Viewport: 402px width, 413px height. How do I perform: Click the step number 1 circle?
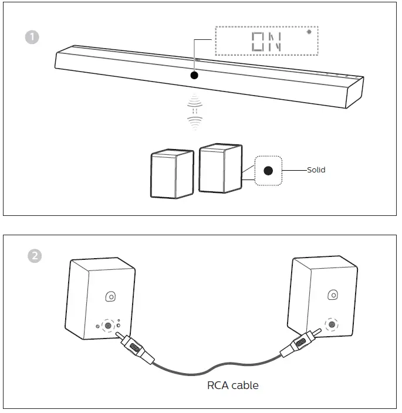click(32, 36)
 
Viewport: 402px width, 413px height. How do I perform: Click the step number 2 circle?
click(35, 256)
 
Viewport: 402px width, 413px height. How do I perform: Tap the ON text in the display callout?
click(266, 41)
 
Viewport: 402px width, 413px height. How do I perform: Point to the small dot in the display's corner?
click(309, 32)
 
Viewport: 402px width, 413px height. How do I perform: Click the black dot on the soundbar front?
click(194, 76)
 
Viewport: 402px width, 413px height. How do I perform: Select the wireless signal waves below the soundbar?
click(194, 111)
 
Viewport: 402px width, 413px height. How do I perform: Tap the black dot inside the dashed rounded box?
click(268, 171)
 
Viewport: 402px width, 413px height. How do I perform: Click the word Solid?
click(316, 170)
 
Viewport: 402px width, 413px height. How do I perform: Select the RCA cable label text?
click(232, 385)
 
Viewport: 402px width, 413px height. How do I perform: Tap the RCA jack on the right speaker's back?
click(332, 324)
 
